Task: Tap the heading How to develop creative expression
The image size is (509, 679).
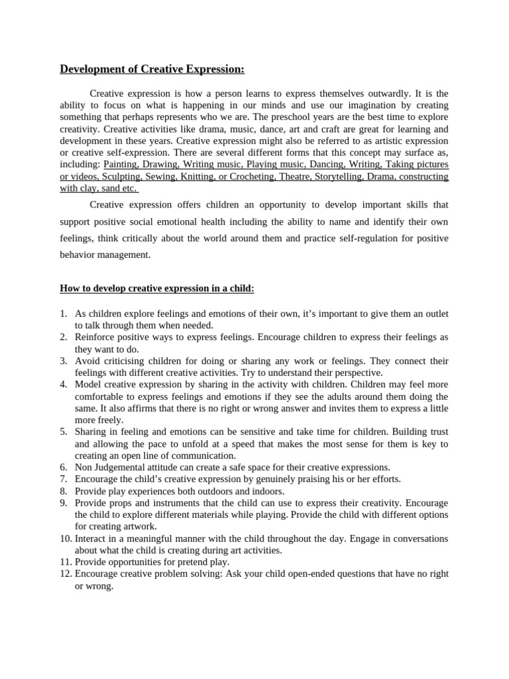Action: click(x=157, y=289)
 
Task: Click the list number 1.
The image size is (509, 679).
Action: click(x=64, y=314)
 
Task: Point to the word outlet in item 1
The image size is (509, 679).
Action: click(x=434, y=314)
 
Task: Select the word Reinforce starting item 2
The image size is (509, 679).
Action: click(x=96, y=338)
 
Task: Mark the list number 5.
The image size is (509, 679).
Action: click(x=64, y=432)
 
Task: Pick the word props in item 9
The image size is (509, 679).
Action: click(x=119, y=503)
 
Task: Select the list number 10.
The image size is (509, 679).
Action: click(x=65, y=538)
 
